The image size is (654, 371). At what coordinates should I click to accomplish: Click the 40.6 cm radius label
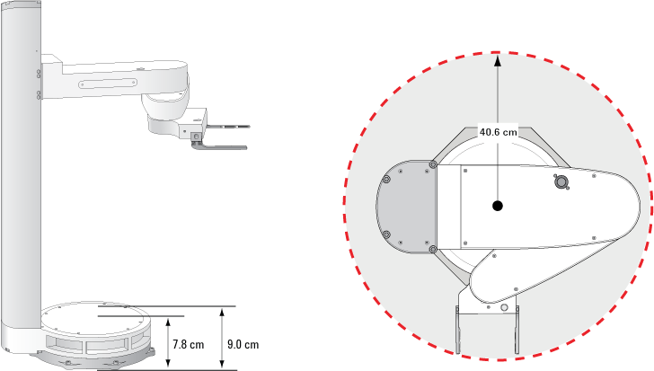click(x=498, y=131)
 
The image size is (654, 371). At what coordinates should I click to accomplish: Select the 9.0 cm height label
click(x=243, y=344)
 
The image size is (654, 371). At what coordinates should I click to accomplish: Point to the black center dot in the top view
click(x=497, y=206)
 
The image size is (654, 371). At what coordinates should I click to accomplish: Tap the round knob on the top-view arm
click(x=561, y=182)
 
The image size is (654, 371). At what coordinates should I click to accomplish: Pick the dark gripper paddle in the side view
click(x=220, y=146)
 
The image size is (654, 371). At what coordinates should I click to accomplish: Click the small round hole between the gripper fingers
click(x=503, y=307)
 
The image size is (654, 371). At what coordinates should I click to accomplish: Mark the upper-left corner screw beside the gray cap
click(x=434, y=164)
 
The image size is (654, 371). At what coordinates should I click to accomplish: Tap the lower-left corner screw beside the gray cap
click(x=434, y=248)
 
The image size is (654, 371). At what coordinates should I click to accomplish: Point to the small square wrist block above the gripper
click(x=195, y=135)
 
